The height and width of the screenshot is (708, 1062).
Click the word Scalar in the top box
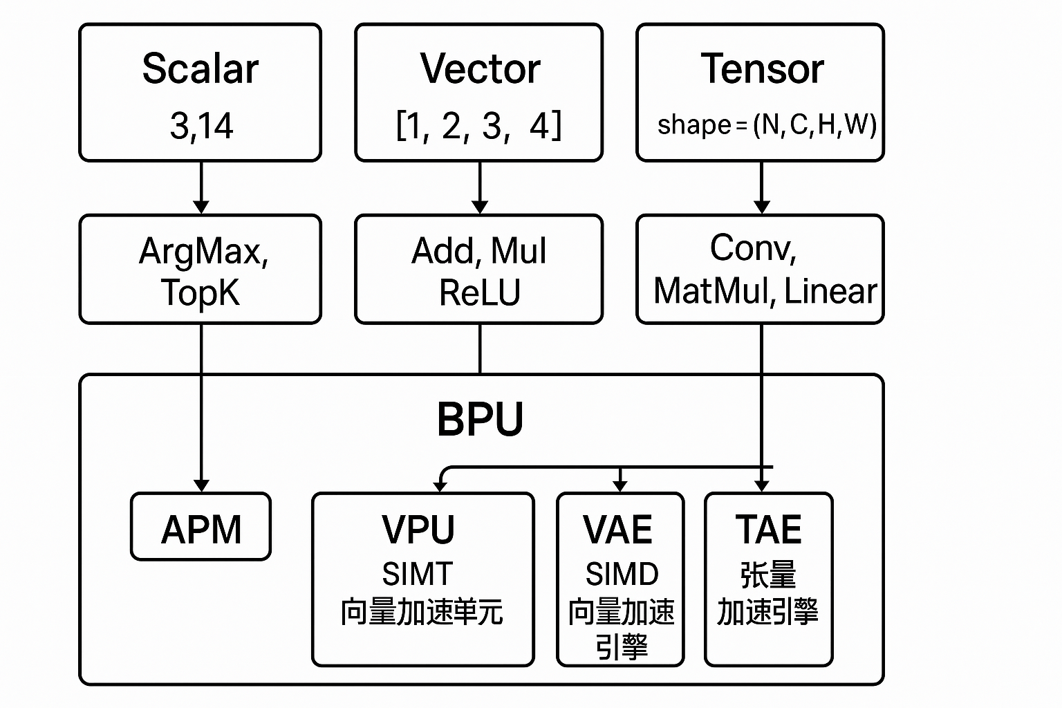click(200, 69)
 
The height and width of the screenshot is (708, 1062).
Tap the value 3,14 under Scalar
click(201, 127)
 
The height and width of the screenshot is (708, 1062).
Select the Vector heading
click(480, 69)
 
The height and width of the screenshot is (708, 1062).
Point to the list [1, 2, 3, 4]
click(478, 127)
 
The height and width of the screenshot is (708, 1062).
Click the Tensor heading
click(762, 69)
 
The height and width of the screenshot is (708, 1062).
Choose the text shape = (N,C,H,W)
click(766, 125)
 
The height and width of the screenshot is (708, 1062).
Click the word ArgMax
click(203, 251)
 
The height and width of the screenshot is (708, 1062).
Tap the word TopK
click(200, 292)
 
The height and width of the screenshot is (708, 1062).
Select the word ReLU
click(479, 292)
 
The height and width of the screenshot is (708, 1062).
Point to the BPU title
click(480, 419)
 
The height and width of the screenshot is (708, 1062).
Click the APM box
click(201, 529)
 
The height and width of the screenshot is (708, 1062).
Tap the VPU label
click(418, 530)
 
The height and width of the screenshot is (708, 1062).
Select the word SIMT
click(418, 574)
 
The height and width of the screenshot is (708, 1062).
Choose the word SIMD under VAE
click(622, 574)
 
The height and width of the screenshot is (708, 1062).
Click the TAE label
click(768, 530)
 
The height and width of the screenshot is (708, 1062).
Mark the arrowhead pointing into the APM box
click(201, 485)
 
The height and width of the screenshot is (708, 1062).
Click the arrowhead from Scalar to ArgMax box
click(201, 207)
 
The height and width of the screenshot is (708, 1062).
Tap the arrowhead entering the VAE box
click(620, 485)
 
